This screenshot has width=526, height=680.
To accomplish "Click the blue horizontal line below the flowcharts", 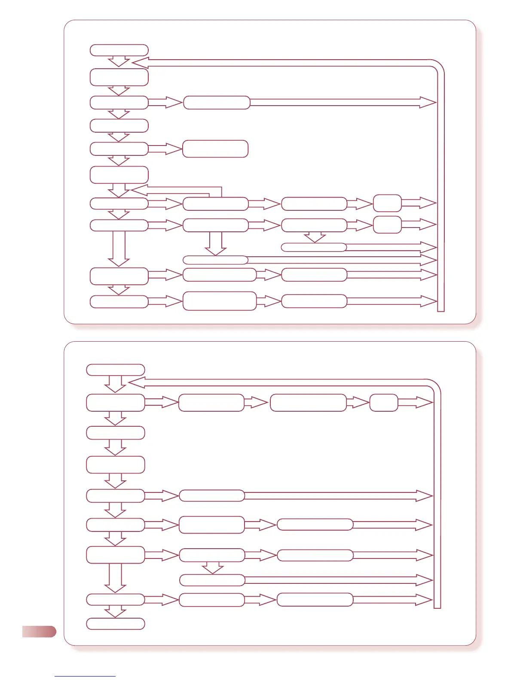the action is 85,676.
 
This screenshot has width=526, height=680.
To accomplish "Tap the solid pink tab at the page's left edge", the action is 39,631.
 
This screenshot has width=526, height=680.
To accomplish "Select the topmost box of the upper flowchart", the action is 119,50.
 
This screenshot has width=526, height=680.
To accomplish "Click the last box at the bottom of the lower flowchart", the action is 115,624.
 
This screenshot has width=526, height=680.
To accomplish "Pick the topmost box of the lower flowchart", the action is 115,370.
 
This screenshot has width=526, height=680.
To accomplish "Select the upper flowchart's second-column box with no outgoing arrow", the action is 215,149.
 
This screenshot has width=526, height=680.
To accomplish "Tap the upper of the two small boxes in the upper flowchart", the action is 387,203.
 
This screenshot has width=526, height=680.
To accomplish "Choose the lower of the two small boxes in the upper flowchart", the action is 387,225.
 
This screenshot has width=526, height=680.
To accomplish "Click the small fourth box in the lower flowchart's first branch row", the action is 383,403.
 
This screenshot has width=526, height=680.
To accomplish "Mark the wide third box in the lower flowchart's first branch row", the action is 308,403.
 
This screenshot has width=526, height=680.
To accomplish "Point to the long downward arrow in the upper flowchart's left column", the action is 119,248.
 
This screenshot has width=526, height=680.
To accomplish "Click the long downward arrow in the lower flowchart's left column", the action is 115,577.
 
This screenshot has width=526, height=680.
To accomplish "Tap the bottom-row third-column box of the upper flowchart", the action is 314,301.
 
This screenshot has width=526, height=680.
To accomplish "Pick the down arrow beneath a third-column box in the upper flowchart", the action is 315,237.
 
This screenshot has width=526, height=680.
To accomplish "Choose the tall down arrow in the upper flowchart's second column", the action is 216,243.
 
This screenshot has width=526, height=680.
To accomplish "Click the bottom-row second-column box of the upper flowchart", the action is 219,301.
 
